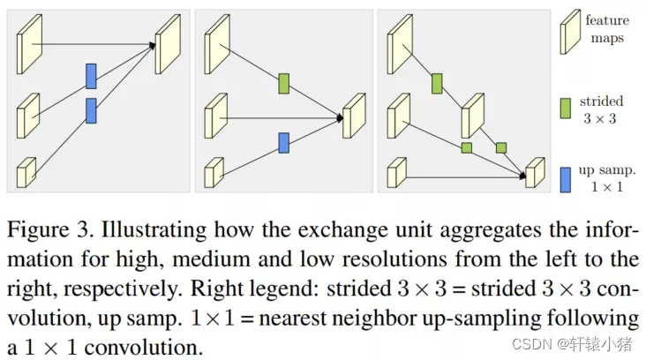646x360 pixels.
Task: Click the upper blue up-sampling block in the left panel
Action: pos(91,76)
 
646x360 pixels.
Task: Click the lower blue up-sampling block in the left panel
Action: pos(91,110)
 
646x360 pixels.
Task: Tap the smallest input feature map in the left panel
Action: pos(27,172)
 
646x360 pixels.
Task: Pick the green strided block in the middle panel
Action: pos(283,84)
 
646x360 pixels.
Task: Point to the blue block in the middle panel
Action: pos(283,142)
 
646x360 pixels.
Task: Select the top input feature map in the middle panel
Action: pos(215,37)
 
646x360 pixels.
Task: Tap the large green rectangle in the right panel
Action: pos(437,84)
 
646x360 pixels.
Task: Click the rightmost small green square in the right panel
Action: pos(500,147)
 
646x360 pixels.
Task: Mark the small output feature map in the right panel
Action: pos(535,173)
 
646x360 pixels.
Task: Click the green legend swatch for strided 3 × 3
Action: pos(566,109)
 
